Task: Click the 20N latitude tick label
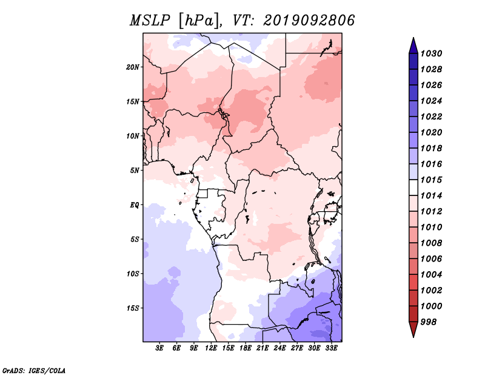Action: [133, 67]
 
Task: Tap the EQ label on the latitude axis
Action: [135, 205]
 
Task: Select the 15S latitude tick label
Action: [133, 308]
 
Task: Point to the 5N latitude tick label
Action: [135, 171]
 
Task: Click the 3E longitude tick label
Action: [159, 348]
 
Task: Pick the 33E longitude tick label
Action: [331, 348]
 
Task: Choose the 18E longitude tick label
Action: [246, 348]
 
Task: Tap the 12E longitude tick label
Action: [211, 348]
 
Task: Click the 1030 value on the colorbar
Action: [431, 53]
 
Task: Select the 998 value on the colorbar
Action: [429, 322]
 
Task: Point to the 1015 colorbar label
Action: [431, 180]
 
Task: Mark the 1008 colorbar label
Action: [431, 243]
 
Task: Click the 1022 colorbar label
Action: [431, 117]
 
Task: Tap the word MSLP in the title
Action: [150, 21]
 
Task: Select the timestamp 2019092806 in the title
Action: [309, 21]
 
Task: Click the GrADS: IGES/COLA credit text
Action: [34, 371]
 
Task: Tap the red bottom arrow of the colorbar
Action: [413, 328]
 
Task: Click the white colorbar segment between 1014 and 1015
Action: [413, 187]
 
